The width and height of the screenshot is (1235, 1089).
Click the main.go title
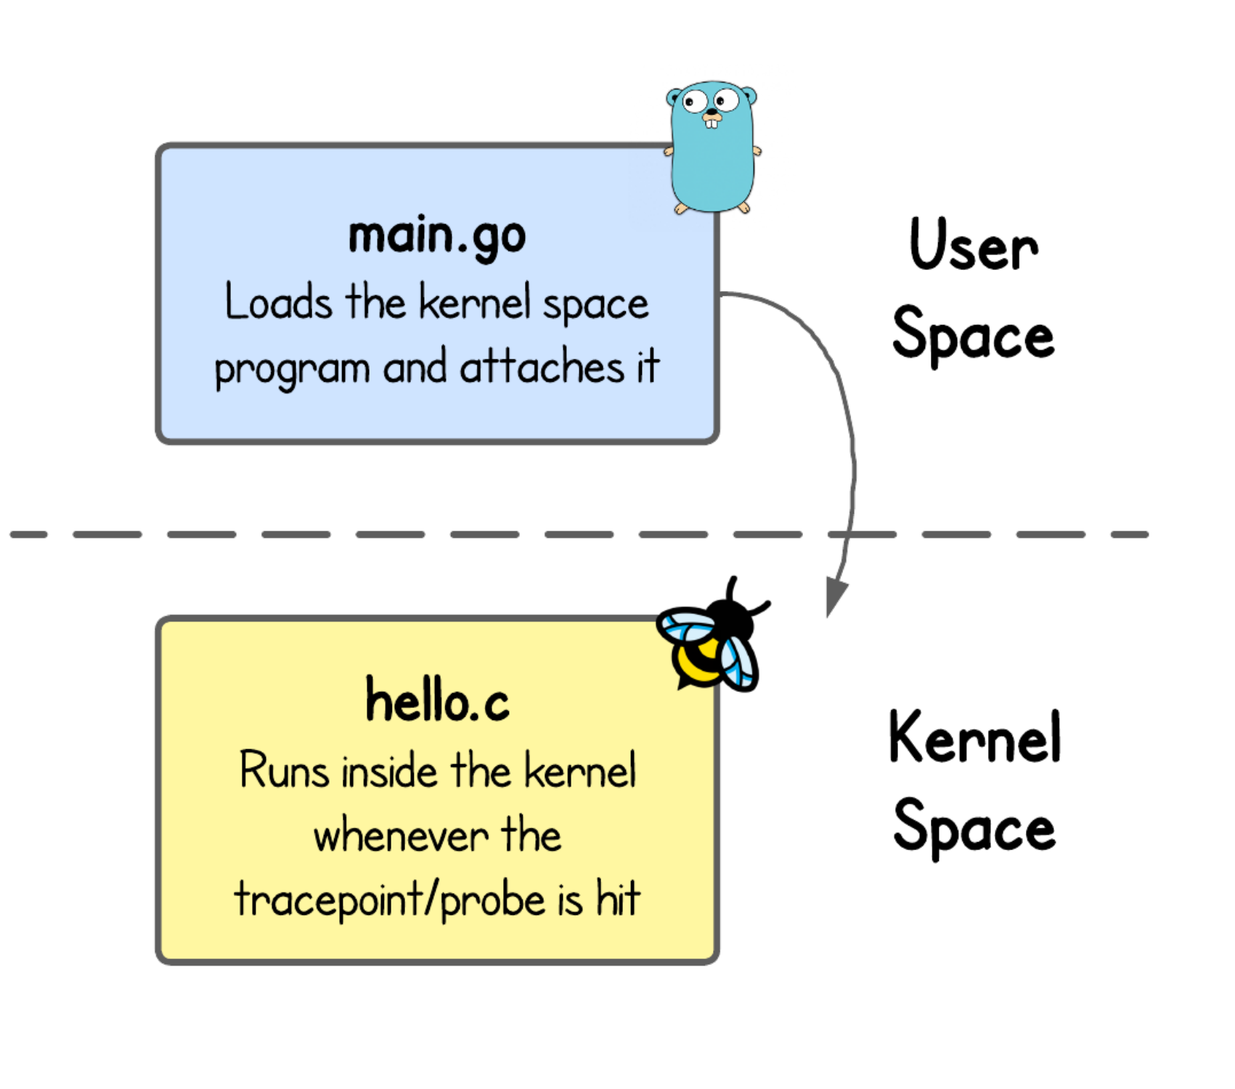click(x=437, y=237)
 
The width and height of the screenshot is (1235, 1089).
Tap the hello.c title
click(x=437, y=701)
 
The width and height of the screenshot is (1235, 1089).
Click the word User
click(x=974, y=245)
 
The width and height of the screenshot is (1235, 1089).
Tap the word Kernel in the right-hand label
click(x=974, y=738)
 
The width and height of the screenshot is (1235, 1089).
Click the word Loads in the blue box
click(x=278, y=302)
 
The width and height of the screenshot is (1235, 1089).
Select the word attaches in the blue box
click(x=542, y=367)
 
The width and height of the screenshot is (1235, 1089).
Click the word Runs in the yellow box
click(x=284, y=771)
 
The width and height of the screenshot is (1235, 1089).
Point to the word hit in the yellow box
click(x=618, y=899)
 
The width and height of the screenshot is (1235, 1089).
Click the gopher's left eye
click(x=695, y=101)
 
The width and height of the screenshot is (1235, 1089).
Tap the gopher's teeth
click(x=712, y=123)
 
